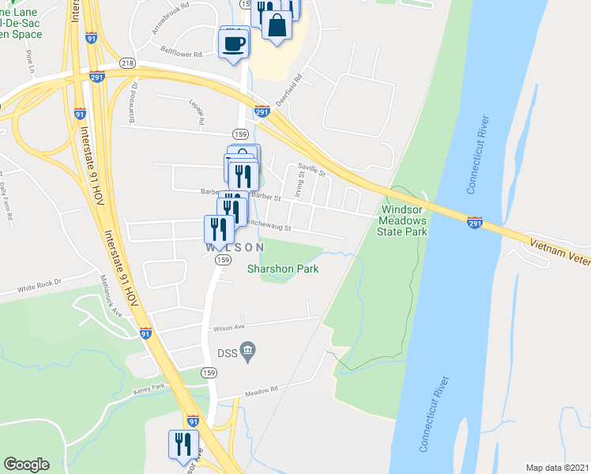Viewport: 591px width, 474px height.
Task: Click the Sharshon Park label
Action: point(283,269)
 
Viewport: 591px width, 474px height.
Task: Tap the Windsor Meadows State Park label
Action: point(404,221)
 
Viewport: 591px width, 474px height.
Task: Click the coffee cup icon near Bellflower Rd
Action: point(234,43)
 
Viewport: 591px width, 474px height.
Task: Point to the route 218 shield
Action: point(127,62)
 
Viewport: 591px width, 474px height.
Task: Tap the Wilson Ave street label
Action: point(229,328)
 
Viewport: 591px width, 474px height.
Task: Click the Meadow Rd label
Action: point(264,389)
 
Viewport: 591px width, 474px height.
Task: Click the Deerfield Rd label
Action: point(290,90)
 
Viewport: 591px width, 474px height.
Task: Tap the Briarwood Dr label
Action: point(134,103)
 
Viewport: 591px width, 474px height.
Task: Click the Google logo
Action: point(26,464)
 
